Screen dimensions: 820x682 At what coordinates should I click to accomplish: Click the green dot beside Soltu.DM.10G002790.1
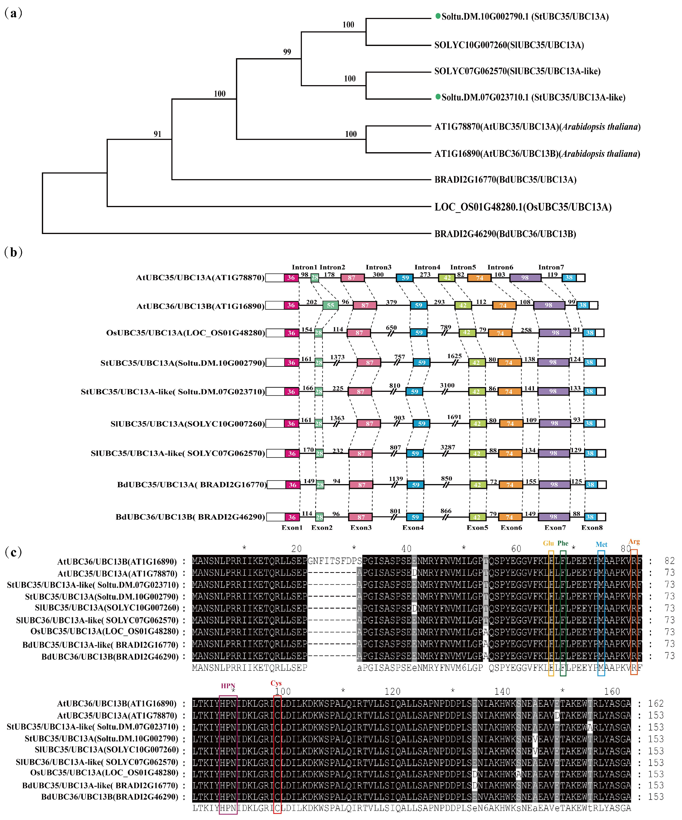pos(438,16)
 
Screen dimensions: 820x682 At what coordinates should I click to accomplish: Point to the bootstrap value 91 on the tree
pos(157,134)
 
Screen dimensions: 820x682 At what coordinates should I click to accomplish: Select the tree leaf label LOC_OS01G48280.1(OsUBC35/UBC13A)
pos(523,207)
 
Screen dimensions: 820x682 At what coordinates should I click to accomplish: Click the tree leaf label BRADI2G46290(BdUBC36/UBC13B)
pos(505,234)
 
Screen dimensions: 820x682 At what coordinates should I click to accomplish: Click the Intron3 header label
pos(378,267)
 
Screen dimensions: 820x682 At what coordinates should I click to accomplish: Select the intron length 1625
pos(455,356)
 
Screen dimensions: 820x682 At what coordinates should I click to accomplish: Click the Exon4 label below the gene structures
pos(413,528)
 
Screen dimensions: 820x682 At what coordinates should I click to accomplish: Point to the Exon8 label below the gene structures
pos(592,528)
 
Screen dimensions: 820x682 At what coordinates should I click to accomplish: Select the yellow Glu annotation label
pos(548,543)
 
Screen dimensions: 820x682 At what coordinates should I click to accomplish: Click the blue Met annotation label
pos(601,544)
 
